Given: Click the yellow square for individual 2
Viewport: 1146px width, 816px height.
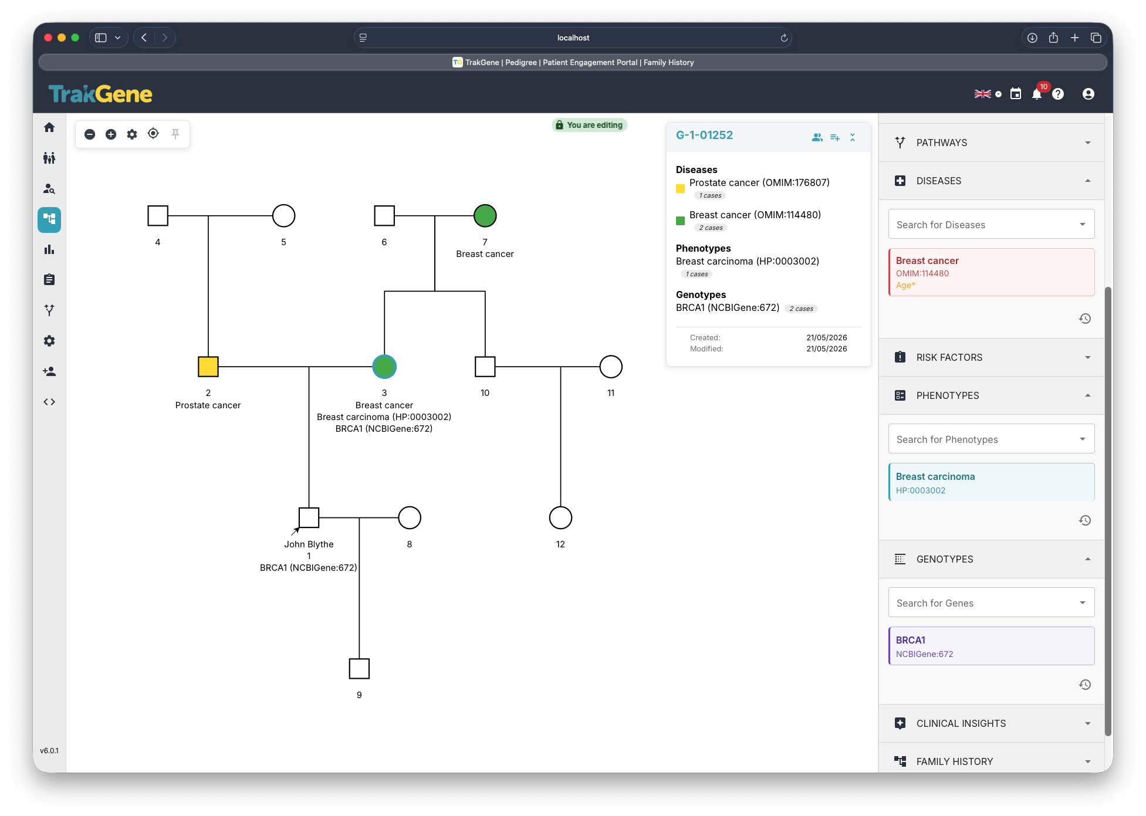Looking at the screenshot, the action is point(208,367).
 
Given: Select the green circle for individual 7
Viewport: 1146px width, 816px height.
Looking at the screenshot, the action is point(485,216).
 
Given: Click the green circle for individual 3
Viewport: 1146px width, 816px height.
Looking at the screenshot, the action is point(384,367).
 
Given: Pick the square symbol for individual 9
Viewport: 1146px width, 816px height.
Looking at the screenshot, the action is point(359,669).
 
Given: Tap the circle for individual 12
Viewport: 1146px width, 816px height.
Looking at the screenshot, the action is point(560,518).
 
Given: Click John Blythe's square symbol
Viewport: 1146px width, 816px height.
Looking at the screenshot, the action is point(309,518).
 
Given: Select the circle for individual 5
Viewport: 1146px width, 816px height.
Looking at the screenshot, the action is point(283,216).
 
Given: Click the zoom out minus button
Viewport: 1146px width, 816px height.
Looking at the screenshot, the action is point(90,134).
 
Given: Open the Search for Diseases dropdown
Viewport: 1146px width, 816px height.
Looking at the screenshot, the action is point(991,225).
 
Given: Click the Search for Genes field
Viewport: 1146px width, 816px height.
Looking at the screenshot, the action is point(991,603).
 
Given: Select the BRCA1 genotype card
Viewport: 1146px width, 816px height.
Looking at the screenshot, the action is point(991,646).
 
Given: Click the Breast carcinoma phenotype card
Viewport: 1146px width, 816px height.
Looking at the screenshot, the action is point(991,482).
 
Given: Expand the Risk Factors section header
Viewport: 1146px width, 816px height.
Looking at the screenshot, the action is point(991,357).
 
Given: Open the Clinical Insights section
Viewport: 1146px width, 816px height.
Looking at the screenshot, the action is point(991,723).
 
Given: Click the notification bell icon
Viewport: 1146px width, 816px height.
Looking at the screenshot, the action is point(1037,94).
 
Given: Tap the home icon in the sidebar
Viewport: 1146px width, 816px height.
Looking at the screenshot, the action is point(49,127).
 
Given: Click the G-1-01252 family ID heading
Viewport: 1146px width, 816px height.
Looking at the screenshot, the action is point(704,135).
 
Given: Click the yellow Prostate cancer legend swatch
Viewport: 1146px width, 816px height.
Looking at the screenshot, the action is point(681,189).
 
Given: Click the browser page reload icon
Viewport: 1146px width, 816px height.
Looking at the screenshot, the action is point(783,38).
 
